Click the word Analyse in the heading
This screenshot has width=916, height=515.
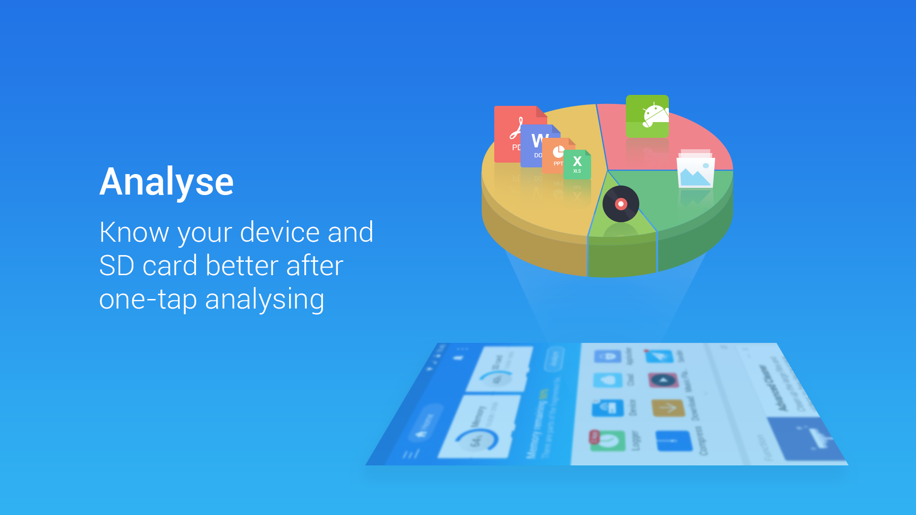167,182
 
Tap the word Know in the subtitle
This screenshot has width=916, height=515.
134,232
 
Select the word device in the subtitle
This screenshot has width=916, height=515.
280,232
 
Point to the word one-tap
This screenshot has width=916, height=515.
148,300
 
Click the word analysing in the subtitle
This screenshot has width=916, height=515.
265,300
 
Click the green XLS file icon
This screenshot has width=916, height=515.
578,165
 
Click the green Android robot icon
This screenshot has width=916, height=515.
647,116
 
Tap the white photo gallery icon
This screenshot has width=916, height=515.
695,171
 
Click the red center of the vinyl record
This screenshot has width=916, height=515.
621,204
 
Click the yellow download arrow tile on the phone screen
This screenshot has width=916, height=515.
668,407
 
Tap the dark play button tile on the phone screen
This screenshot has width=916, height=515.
663,381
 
